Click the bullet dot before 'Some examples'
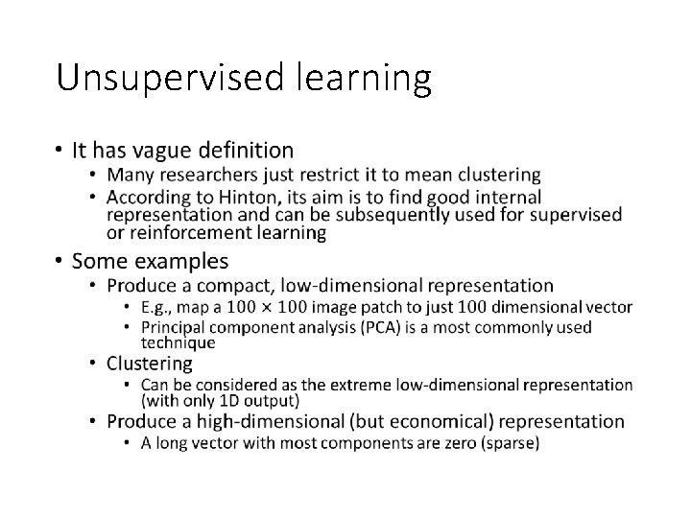[x=60, y=261]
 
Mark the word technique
[x=178, y=342]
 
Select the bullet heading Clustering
[x=150, y=364]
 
